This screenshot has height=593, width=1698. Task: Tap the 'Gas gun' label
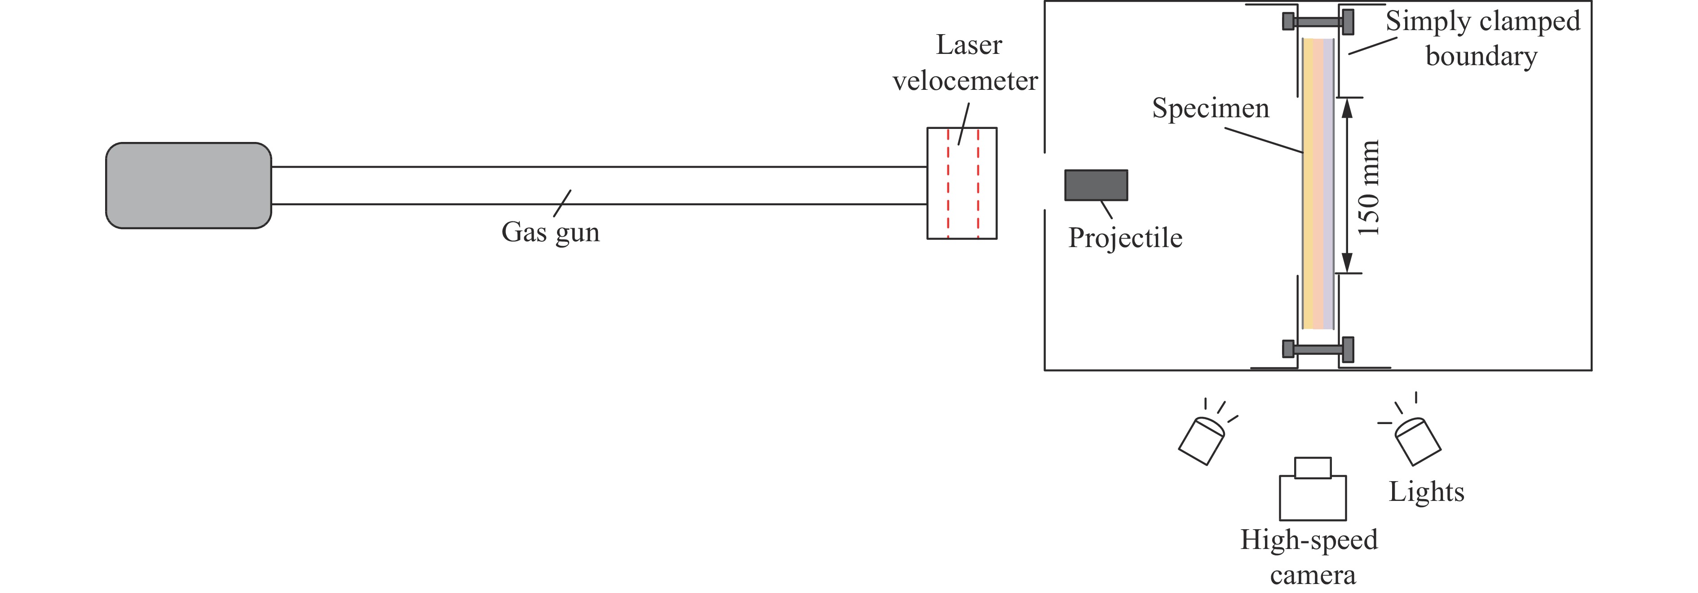(x=550, y=232)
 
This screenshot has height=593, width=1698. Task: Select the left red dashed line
(x=949, y=183)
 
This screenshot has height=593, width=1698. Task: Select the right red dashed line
(x=978, y=183)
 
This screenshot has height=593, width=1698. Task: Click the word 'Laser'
(x=969, y=45)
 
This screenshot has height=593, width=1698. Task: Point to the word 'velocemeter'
(x=965, y=81)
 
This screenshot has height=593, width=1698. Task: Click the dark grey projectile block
(x=1096, y=185)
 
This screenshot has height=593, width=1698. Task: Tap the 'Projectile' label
(x=1125, y=238)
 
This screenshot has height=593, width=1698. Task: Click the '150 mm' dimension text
(x=1368, y=188)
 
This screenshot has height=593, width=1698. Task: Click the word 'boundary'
(x=1481, y=56)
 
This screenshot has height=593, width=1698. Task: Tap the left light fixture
(x=1201, y=441)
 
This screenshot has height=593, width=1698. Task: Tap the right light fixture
(x=1418, y=441)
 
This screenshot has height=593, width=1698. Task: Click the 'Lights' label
(x=1426, y=491)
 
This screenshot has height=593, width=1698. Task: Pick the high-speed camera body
(x=1313, y=497)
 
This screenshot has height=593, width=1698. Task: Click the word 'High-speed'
(x=1309, y=540)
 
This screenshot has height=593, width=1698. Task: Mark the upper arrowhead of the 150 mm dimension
(x=1347, y=107)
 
